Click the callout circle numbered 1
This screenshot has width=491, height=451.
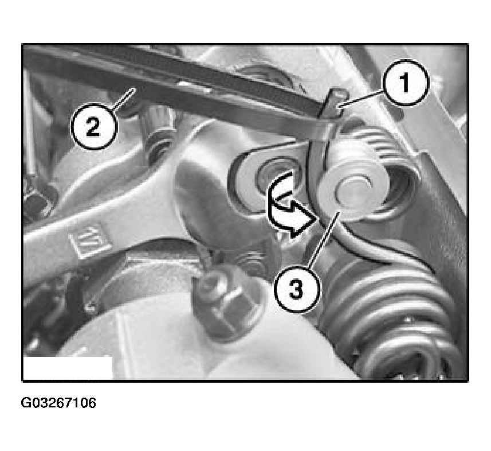(x=405, y=83)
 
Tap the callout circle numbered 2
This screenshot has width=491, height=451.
(x=93, y=127)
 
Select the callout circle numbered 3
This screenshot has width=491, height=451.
(x=297, y=289)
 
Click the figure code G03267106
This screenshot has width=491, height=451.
(x=58, y=403)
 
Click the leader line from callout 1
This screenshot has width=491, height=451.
(x=362, y=99)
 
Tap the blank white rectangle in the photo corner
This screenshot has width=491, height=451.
(x=68, y=368)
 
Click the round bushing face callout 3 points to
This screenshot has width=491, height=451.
(x=354, y=190)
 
